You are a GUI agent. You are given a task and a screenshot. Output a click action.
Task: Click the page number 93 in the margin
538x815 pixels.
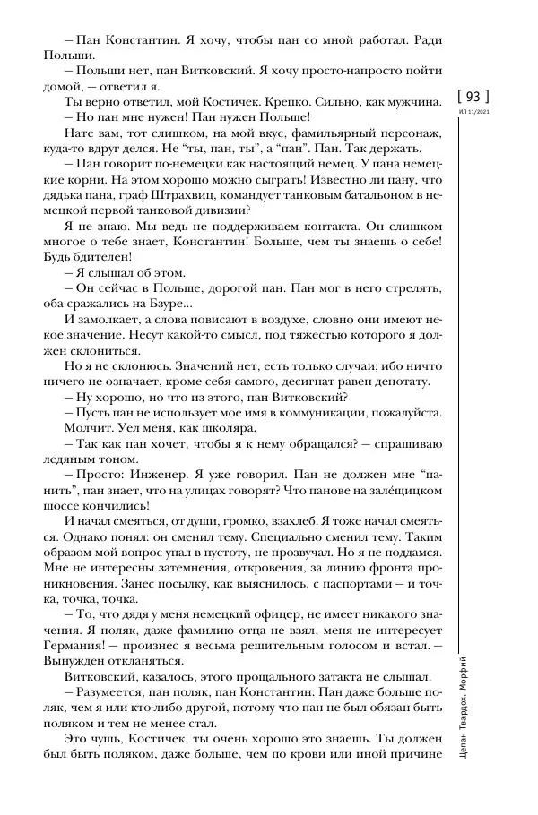(x=474, y=96)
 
